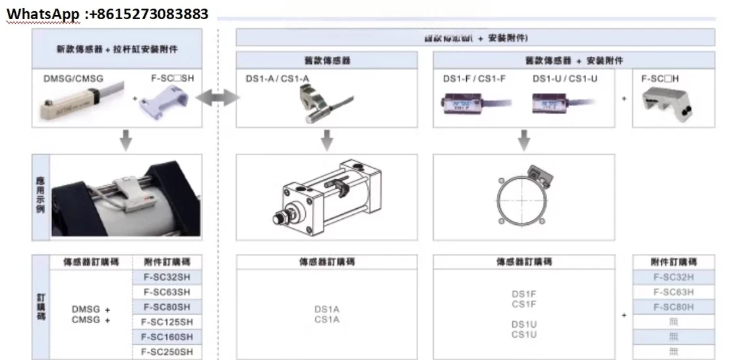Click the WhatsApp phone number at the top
[107, 13]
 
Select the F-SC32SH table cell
[167, 277]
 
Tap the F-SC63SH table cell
[167, 292]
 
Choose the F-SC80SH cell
[167, 307]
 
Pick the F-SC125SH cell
[167, 322]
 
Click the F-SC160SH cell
[167, 338]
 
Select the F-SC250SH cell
[167, 352]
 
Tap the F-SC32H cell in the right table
[673, 277]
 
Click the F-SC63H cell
[673, 292]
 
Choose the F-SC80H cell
[673, 307]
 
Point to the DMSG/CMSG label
[73, 79]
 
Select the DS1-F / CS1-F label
[474, 79]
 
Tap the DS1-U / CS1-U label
[565, 79]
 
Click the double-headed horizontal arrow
[218, 99]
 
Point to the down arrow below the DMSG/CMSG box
[126, 140]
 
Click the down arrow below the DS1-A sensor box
[326, 140]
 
